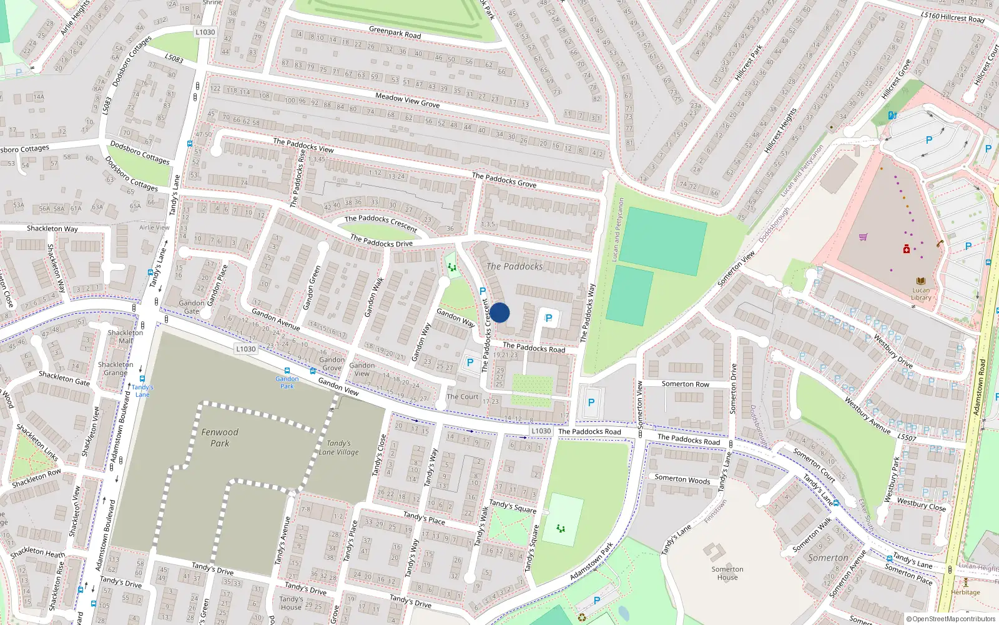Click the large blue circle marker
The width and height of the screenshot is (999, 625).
(499, 312)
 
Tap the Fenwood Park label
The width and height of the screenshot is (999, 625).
(219, 437)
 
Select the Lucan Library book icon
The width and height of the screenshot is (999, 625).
(921, 281)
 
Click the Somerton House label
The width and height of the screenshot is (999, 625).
(727, 573)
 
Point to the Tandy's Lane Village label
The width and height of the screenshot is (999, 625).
(339, 447)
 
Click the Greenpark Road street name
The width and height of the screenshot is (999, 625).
(395, 32)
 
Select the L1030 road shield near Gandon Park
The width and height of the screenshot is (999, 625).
(246, 349)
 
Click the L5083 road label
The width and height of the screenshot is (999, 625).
(174, 58)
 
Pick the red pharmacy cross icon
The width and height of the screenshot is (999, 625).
(907, 249)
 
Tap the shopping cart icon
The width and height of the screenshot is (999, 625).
(863, 237)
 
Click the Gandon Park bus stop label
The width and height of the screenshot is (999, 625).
(287, 382)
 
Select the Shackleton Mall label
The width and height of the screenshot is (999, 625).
(125, 337)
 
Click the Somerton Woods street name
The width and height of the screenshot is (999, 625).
(682, 479)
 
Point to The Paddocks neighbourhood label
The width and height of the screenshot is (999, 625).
(514, 266)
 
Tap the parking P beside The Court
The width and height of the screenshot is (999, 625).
(470, 362)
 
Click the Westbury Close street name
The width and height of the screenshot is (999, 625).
(921, 504)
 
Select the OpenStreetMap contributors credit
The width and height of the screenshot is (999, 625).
(950, 619)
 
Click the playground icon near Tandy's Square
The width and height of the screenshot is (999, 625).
(561, 529)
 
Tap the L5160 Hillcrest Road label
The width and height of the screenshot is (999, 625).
(952, 17)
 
